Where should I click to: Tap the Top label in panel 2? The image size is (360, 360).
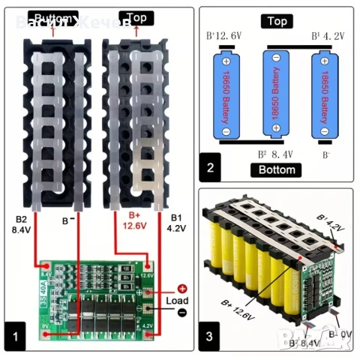275,22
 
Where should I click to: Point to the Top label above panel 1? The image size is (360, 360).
136,16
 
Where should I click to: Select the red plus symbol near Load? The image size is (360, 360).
181,288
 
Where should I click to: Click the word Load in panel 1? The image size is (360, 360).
178,300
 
